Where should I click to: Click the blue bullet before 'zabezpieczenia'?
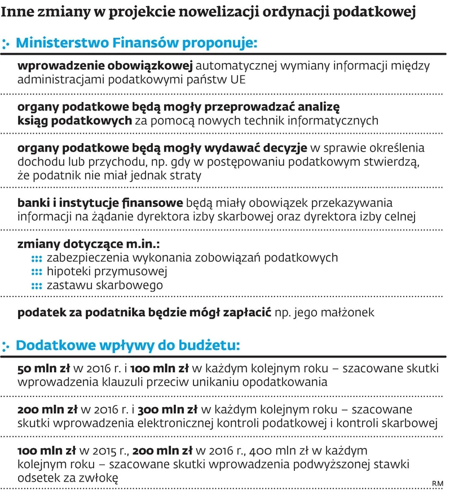click(37, 259)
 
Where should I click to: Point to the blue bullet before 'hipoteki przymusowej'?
click(37, 272)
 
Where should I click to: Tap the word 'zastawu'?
click(69, 286)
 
